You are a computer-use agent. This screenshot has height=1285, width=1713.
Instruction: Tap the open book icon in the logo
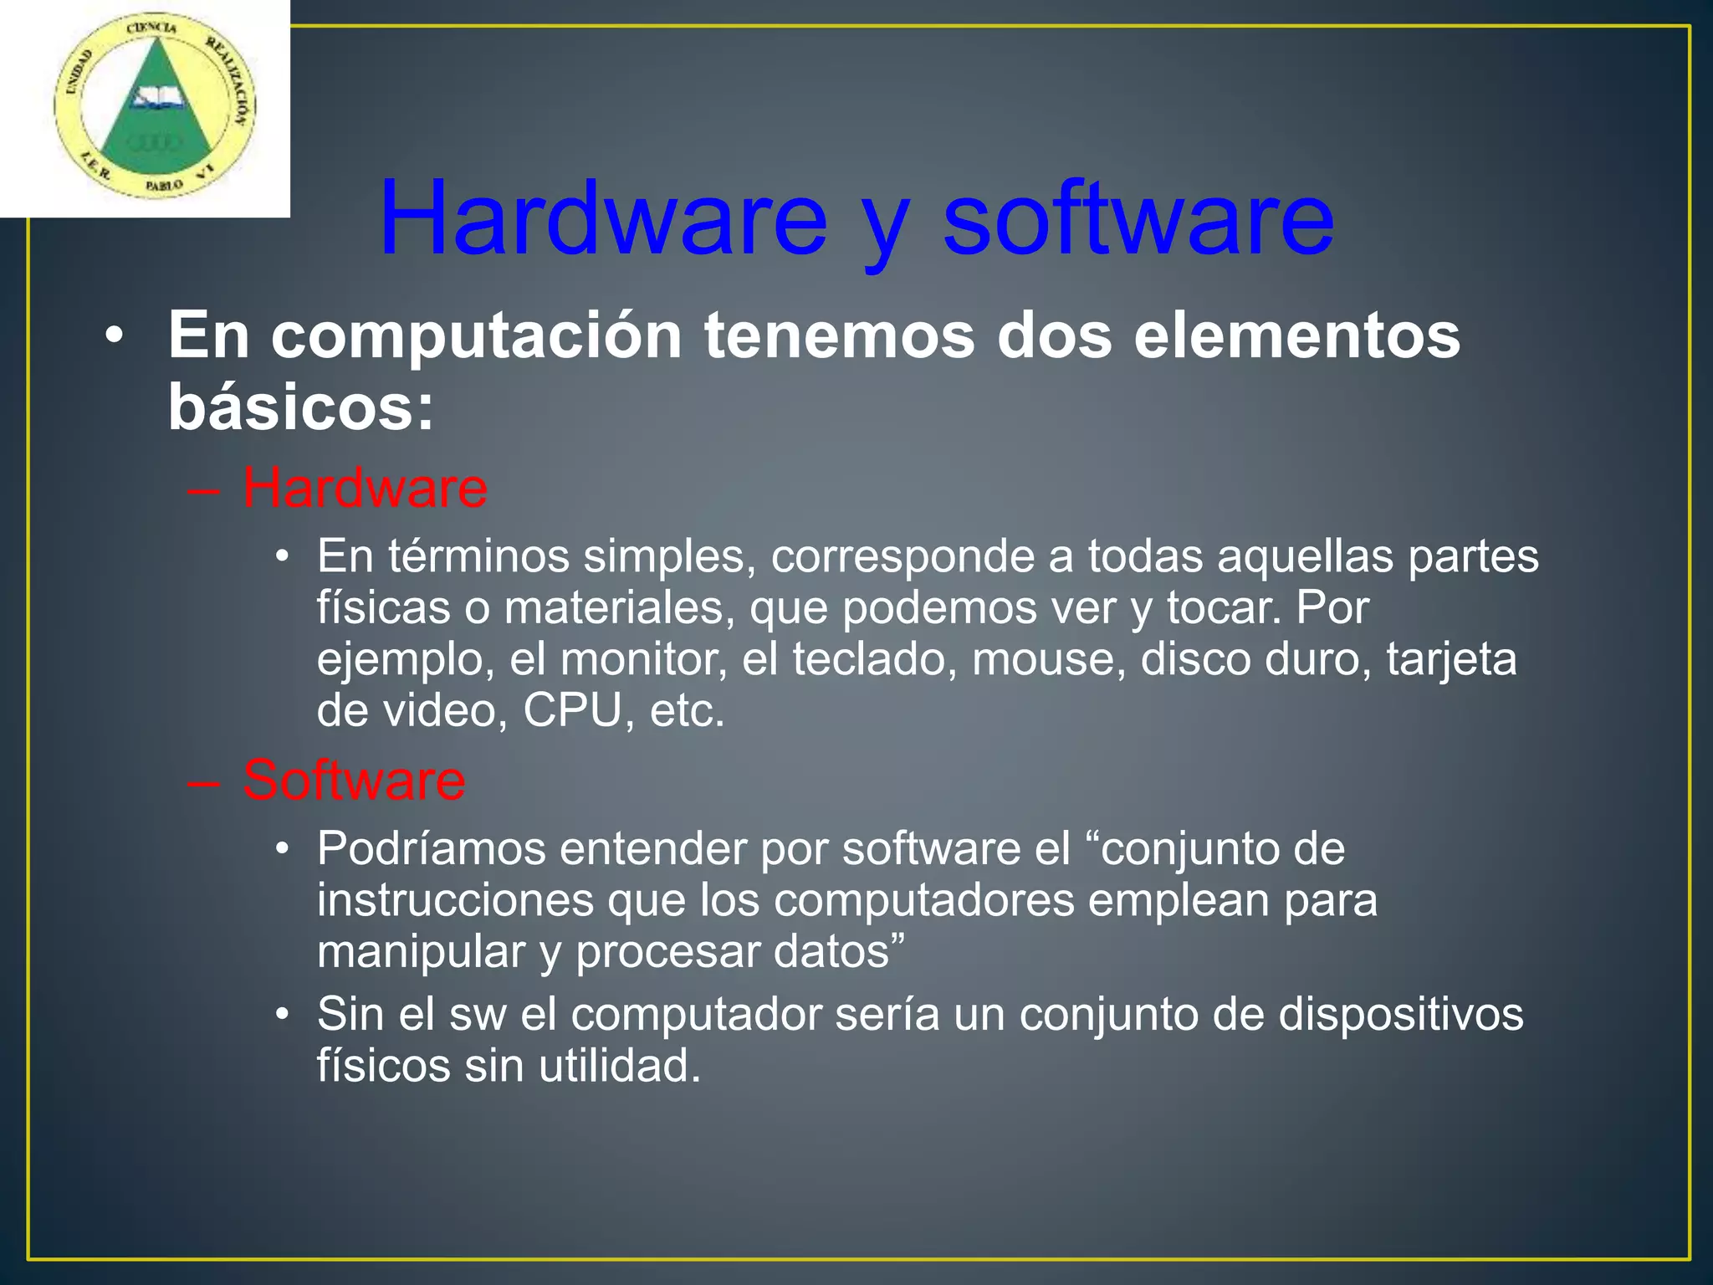pyautogui.click(x=154, y=99)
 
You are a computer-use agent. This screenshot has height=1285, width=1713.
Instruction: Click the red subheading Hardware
pyautogui.click(x=365, y=488)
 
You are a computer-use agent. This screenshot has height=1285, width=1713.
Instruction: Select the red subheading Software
pyautogui.click(x=354, y=780)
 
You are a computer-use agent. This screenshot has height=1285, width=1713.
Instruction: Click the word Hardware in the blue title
pyautogui.click(x=603, y=219)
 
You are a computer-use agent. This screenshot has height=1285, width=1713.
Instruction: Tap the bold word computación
pyautogui.click(x=476, y=335)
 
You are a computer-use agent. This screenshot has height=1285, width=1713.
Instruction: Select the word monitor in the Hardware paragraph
pyautogui.click(x=643, y=659)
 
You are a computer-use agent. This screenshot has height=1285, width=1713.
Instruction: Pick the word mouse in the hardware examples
pyautogui.click(x=1049, y=659)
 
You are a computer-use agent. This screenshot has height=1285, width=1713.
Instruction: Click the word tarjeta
pyautogui.click(x=1451, y=659)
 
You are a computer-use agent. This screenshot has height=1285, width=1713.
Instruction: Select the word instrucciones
pyautogui.click(x=455, y=901)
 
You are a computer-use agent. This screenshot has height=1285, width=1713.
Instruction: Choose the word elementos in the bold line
pyautogui.click(x=1296, y=335)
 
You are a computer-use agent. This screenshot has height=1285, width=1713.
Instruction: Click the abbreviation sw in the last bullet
pyautogui.click(x=478, y=1014)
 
